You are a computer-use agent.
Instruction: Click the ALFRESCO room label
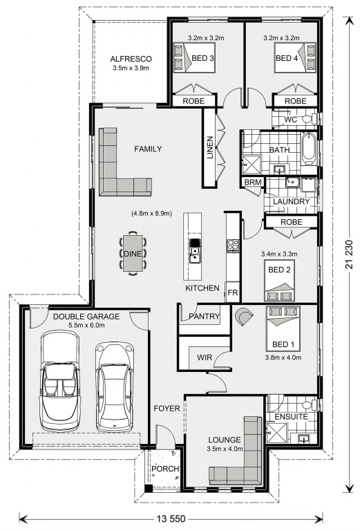click(131, 59)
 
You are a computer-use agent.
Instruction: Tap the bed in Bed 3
click(195, 57)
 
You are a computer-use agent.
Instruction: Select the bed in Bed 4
click(295, 57)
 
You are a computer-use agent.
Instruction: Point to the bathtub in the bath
click(309, 149)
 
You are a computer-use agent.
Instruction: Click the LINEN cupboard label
click(210, 147)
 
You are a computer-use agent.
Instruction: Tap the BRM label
click(253, 183)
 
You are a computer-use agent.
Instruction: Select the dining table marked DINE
click(133, 253)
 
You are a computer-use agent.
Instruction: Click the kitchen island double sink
click(194, 254)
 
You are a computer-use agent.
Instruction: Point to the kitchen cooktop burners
click(233, 246)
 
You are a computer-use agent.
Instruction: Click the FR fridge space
click(233, 292)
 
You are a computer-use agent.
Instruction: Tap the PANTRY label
click(204, 316)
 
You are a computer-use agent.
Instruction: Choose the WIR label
click(205, 357)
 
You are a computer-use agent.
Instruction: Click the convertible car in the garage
click(60, 381)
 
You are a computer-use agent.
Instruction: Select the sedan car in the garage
click(114, 387)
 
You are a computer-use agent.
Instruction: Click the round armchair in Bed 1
click(243, 317)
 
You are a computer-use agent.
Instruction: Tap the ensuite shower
click(276, 432)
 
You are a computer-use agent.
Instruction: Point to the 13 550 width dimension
click(171, 519)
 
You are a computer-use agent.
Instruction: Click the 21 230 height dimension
click(349, 254)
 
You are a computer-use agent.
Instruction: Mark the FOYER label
click(167, 409)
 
